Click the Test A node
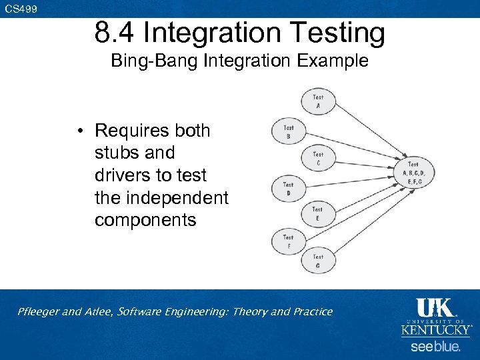point(318,101)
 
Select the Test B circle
point(289,131)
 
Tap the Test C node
point(318,159)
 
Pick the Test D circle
point(288,189)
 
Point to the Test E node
point(317,213)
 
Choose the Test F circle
point(288,241)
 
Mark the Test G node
point(318,261)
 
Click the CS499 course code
point(21,9)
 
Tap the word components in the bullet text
point(145,220)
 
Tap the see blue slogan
point(435,347)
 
